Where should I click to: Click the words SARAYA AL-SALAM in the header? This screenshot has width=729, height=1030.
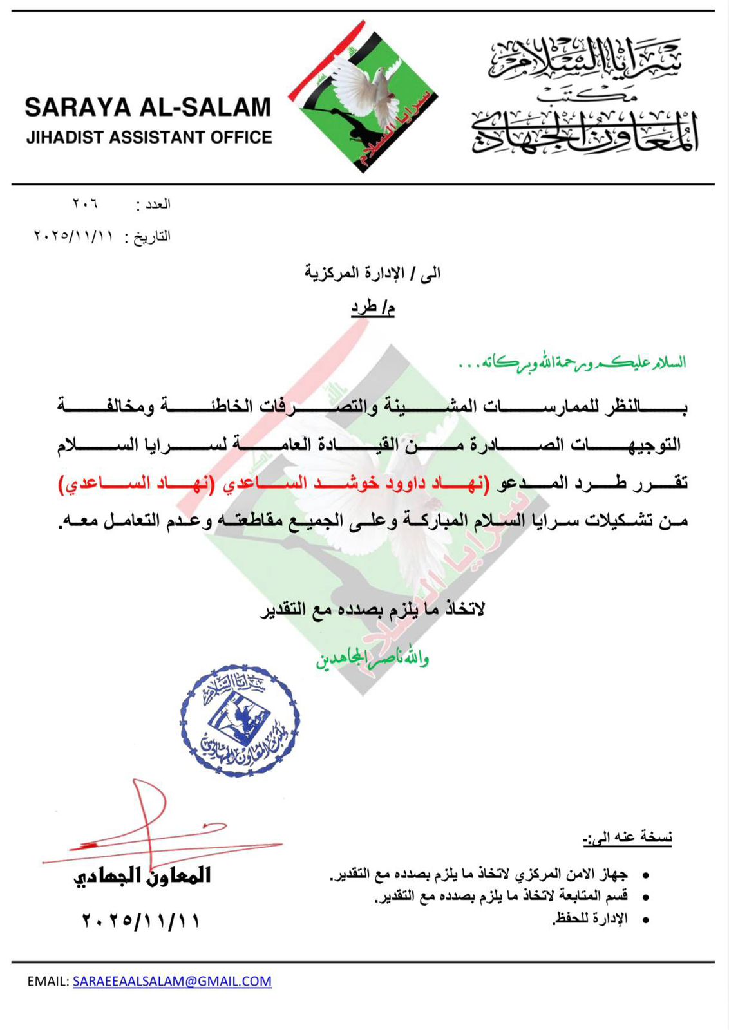click(148, 108)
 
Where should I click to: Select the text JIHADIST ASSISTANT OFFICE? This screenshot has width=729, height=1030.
click(149, 138)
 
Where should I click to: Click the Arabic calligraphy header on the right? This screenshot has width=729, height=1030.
click(585, 97)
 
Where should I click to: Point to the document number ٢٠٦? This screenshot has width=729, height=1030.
click(85, 204)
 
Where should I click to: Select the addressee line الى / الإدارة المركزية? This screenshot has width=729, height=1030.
click(372, 273)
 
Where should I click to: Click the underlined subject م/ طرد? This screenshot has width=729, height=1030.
click(372, 308)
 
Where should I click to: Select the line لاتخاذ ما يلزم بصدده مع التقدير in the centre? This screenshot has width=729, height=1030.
click(372, 609)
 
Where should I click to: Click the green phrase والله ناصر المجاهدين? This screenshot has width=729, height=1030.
click(372, 658)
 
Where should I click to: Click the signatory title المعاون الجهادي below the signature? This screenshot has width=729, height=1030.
click(142, 876)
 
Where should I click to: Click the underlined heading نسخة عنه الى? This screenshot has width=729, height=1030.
click(627, 838)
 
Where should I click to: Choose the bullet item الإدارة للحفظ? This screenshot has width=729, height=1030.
click(590, 919)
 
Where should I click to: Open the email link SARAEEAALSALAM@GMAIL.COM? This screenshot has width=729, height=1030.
click(172, 981)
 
